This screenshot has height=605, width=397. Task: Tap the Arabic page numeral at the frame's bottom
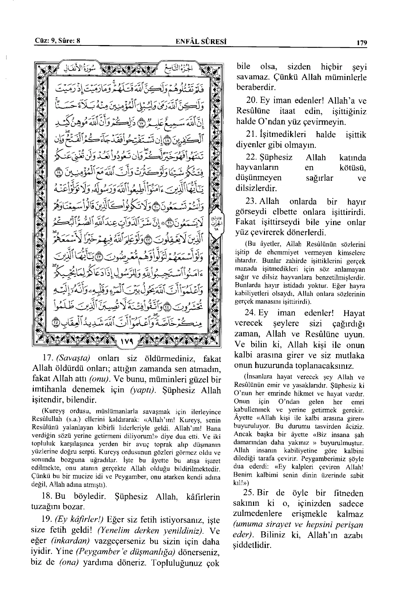pos(126,342)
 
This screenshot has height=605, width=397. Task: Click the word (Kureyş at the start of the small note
pos(54,412)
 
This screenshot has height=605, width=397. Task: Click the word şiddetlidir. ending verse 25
pos(252,545)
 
